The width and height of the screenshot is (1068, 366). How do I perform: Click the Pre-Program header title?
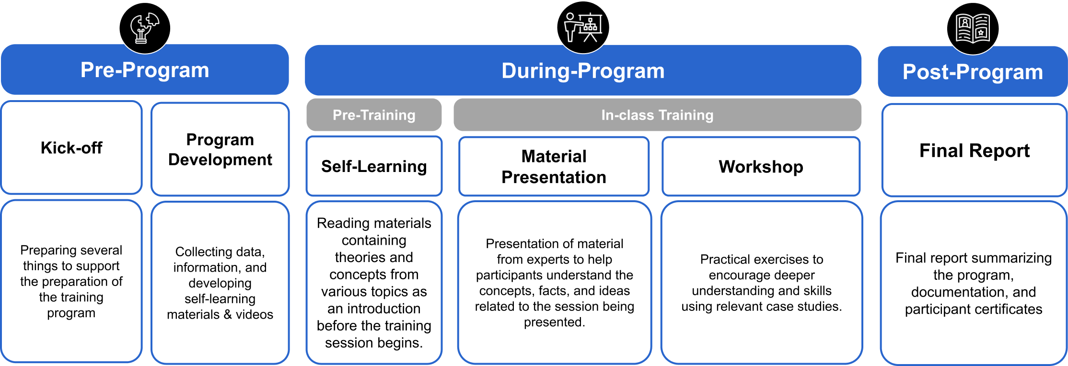[145, 70]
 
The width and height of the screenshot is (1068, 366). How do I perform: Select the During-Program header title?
[583, 71]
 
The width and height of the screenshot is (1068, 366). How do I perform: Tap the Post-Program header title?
[973, 72]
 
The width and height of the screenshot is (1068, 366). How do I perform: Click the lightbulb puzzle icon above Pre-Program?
[145, 28]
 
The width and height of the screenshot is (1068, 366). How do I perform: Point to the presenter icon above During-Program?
[583, 27]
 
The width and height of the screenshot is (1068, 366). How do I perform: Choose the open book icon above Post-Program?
[973, 29]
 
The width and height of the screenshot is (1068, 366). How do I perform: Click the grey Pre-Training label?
[374, 115]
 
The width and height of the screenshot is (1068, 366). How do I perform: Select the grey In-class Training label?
[657, 115]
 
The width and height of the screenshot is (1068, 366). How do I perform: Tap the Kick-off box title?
[71, 148]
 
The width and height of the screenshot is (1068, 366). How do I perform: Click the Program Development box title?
[220, 149]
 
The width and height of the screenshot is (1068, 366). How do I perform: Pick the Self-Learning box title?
[374, 166]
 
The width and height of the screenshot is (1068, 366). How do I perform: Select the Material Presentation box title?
[554, 167]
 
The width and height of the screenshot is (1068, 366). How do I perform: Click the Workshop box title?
[761, 167]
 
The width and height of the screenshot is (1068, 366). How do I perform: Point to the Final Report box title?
[974, 150]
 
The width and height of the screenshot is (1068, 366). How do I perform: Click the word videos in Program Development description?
[254, 314]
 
